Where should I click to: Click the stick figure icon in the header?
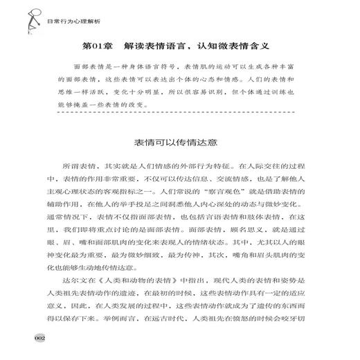(x=19, y=12)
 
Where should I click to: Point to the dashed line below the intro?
(x=180, y=111)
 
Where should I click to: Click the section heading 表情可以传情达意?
(x=179, y=144)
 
